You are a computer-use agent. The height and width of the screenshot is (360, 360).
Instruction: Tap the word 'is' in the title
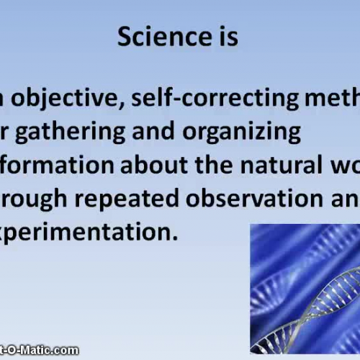[226, 37]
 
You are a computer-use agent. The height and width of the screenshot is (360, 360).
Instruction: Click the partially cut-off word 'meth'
[328, 100]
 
